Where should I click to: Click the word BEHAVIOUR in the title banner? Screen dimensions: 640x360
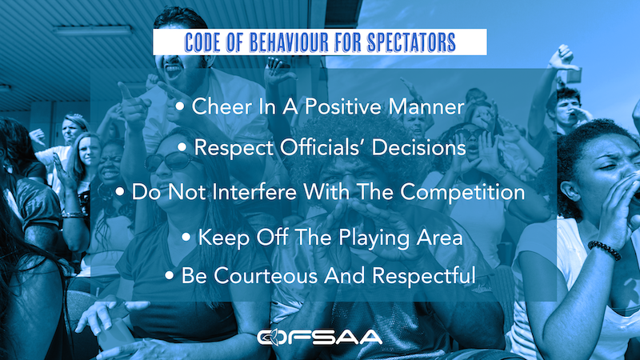289,42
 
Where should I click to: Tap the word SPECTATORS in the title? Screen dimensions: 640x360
411,42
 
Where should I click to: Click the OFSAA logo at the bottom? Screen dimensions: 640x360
319,337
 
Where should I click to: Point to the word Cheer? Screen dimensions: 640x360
222,106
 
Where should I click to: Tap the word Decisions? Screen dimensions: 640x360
418,147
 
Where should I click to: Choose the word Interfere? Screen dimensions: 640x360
254,191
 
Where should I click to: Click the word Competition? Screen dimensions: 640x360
462,192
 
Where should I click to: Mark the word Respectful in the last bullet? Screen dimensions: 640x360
424,275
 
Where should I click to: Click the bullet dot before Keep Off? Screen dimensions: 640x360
186,237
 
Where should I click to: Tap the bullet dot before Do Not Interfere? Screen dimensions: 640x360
119,191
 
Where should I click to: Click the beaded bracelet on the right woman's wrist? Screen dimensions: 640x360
605,250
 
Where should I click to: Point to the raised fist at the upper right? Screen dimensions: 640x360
565,55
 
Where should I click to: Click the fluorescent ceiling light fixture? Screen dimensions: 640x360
93,30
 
